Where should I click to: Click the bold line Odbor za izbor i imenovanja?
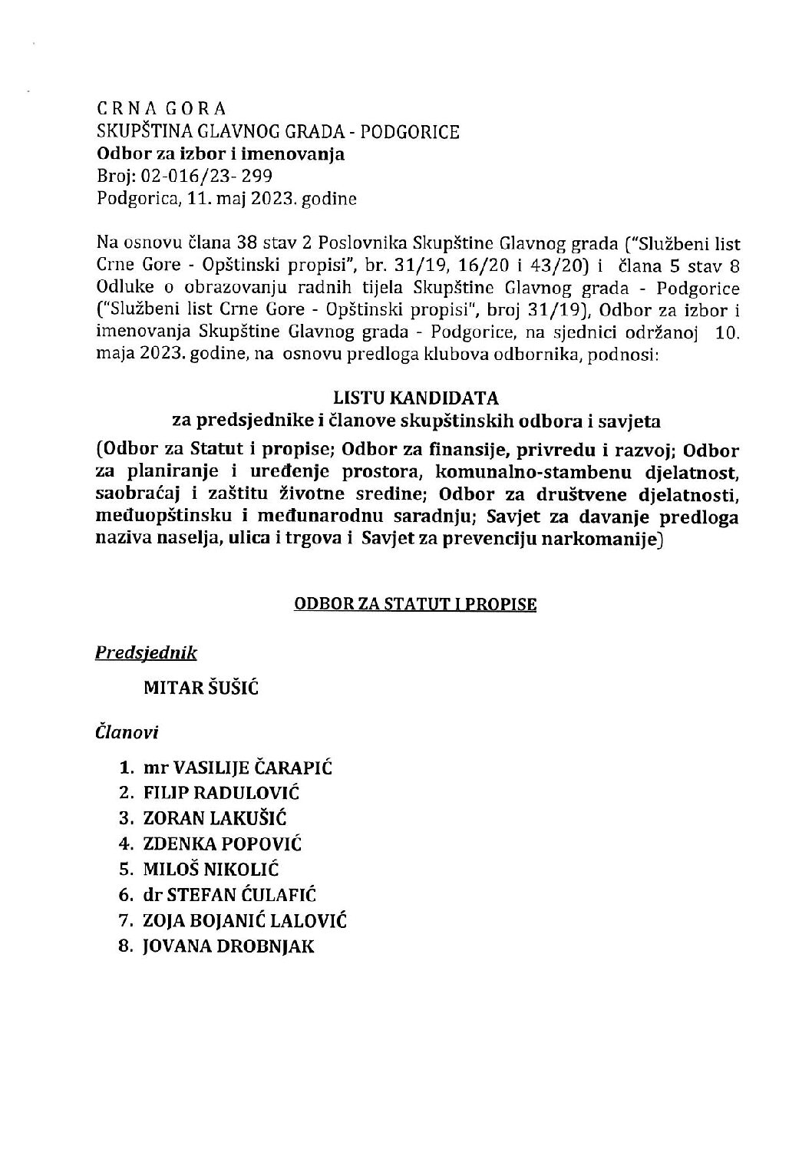[220, 154]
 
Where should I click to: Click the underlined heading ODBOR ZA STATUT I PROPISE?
[415, 604]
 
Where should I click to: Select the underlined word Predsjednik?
[146, 653]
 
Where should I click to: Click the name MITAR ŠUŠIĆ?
[201, 688]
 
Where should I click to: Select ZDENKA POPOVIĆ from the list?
[223, 844]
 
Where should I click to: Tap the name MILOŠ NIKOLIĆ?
[210, 870]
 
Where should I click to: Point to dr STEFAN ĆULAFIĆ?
[229, 895]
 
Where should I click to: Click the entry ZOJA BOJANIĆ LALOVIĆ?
[244, 920]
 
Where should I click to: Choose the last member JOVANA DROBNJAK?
[228, 946]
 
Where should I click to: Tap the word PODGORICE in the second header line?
[410, 132]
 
